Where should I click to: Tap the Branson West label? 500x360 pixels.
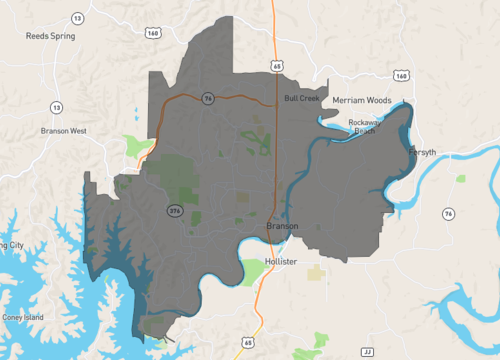coord(64,131)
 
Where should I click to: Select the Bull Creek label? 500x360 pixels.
coord(301,98)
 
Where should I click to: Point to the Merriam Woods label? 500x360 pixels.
coord(363,100)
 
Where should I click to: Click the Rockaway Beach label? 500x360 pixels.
coord(367,126)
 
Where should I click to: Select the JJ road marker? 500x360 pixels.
coord(367,352)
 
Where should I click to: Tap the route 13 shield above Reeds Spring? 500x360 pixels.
coord(77,19)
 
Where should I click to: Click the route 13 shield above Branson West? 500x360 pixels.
coord(56,107)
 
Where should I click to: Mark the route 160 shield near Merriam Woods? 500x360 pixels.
coord(400,75)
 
